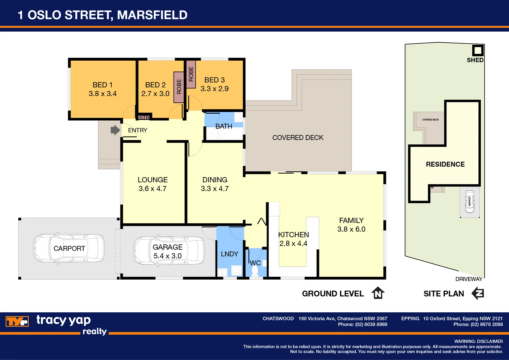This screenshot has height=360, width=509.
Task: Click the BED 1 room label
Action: (102, 85)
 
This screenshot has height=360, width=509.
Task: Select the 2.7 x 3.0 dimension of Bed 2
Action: (155, 94)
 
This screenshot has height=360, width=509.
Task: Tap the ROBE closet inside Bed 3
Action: (191, 74)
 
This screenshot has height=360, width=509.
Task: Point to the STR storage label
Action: (144, 117)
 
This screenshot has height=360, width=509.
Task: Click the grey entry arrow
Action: (115, 130)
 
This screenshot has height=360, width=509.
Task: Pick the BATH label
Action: (224, 126)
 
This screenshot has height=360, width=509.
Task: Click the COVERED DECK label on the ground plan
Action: (298, 138)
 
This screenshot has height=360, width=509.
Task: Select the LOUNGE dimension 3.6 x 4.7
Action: (153, 189)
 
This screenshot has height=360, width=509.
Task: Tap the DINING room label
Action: (215, 180)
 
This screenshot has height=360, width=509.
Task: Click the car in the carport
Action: (69, 249)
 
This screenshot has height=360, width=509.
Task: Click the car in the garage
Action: (169, 251)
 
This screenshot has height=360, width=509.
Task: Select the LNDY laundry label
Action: (230, 254)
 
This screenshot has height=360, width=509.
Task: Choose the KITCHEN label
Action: (293, 235)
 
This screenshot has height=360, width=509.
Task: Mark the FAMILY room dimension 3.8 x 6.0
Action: (351, 229)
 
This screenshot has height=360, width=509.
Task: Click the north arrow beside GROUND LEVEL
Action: (378, 293)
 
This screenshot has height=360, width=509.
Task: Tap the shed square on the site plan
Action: (478, 50)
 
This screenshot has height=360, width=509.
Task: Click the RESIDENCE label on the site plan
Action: (445, 164)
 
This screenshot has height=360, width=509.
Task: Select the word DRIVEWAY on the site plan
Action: (469, 279)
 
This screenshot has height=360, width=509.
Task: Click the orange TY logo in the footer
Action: (17, 322)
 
